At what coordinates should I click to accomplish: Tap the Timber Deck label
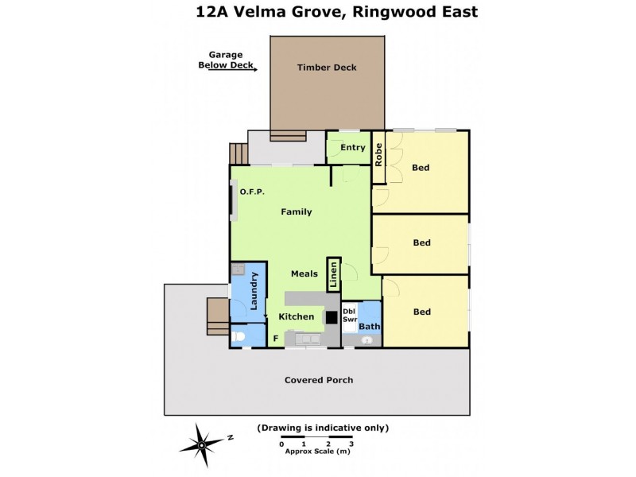coord(327,68)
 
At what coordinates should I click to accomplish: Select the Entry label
coord(353,147)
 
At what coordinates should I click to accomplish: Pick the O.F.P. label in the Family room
coord(251,192)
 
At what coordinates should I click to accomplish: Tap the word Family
coord(296,211)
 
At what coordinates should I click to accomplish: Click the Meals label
coord(304,273)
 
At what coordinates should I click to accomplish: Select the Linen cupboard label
coord(334,275)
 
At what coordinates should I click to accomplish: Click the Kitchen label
coord(296,316)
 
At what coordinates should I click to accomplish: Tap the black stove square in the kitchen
coord(331,317)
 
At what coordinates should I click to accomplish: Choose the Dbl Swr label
coord(350,315)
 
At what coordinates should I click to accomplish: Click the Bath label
coord(369,326)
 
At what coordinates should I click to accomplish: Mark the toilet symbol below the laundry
coord(238,336)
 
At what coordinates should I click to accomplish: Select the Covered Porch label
coord(319,380)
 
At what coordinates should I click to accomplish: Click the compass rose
coord(201,444)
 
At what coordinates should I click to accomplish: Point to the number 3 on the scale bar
coord(351,444)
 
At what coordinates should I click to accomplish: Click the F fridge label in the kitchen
coord(276,339)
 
